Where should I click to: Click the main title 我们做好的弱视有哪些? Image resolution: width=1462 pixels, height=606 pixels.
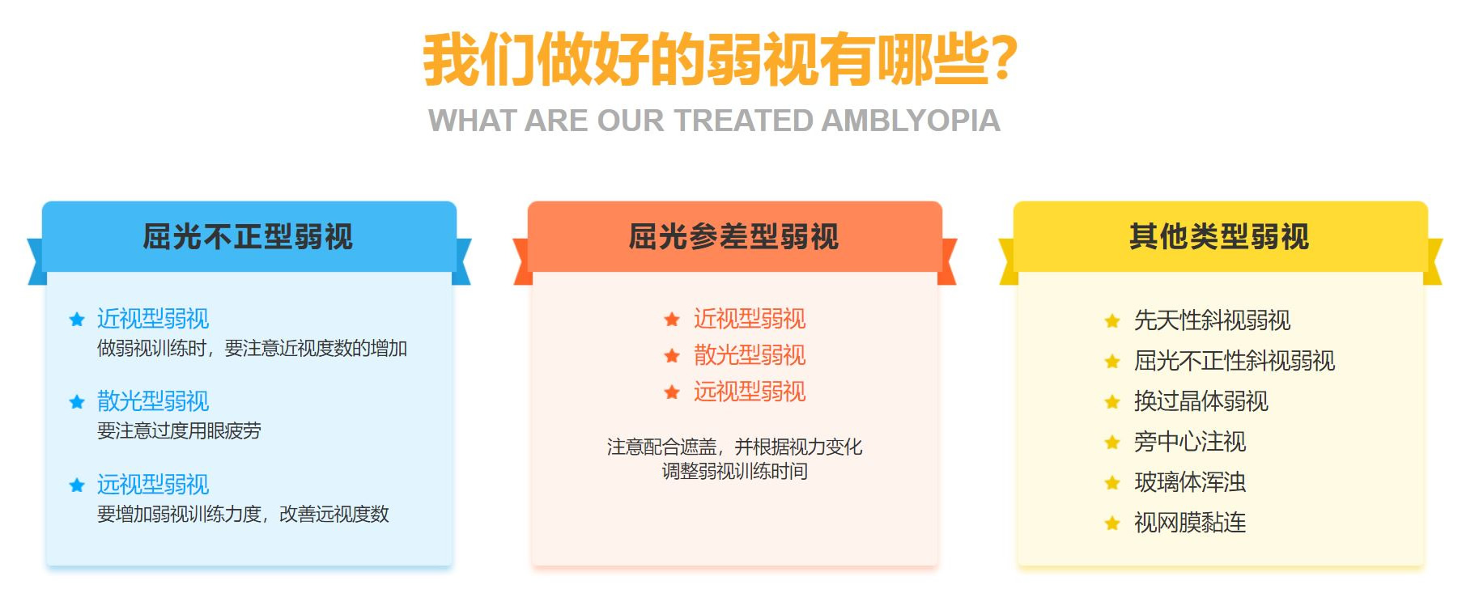tap(720, 58)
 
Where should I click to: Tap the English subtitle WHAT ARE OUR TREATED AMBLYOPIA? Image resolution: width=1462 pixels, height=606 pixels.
tap(714, 121)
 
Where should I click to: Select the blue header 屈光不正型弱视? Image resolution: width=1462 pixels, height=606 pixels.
tap(248, 236)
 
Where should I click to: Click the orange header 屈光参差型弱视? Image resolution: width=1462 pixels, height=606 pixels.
tap(734, 236)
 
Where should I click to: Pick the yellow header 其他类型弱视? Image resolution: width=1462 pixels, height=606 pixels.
tap(1219, 236)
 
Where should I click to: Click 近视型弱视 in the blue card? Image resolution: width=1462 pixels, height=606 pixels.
tap(153, 318)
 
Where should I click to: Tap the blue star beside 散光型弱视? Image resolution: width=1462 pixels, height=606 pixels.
tap(77, 401)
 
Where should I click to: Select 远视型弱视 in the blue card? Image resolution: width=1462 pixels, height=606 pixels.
tap(153, 484)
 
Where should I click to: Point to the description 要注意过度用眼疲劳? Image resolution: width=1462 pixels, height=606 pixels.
tap(179, 430)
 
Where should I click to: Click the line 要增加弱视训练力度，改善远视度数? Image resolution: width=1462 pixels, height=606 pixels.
tap(243, 514)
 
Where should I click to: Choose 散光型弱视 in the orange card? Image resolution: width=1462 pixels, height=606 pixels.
tap(750, 354)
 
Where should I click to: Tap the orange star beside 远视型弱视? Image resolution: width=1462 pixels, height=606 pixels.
tap(672, 392)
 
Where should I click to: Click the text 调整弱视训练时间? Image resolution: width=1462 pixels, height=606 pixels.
tap(735, 471)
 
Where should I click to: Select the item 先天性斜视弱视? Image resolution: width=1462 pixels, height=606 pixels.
tap(1212, 320)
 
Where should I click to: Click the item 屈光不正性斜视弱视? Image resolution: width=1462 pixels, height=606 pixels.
tap(1235, 361)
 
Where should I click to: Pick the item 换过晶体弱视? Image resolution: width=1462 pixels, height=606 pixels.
tap(1201, 401)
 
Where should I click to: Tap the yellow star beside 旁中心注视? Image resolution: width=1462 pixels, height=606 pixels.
tap(1112, 443)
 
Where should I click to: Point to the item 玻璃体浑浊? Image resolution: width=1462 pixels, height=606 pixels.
tap(1190, 482)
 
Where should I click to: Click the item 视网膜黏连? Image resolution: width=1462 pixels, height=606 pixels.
tap(1190, 523)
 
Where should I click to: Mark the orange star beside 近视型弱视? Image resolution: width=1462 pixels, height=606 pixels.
tap(672, 320)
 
